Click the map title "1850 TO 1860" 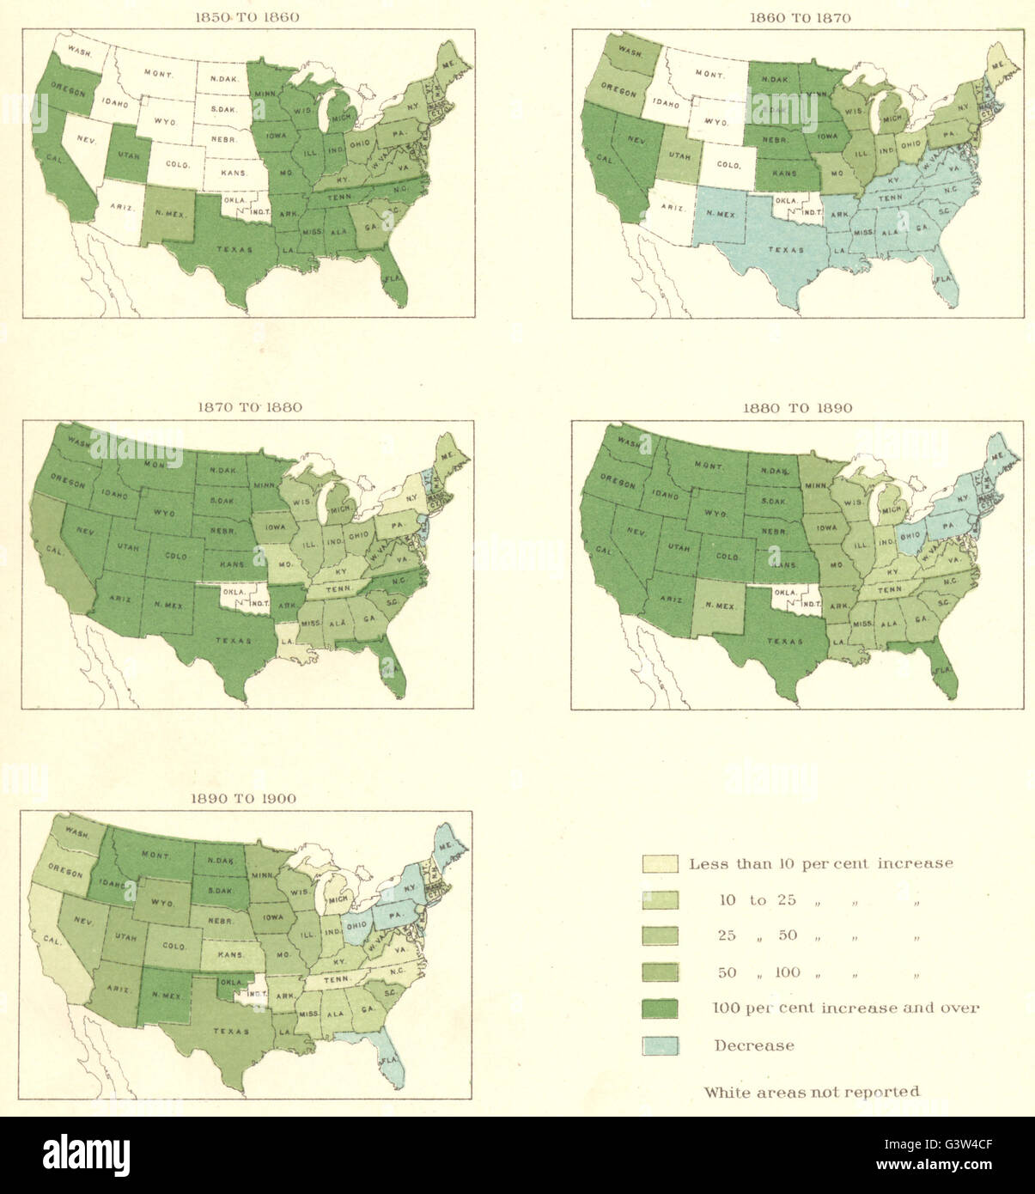click(247, 17)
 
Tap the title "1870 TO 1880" click(247, 407)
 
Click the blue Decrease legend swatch click(660, 1045)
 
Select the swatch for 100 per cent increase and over click(660, 1008)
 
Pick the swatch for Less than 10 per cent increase click(660, 863)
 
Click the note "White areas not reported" click(812, 1092)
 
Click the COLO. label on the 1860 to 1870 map click(728, 165)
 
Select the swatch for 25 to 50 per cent click(660, 935)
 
